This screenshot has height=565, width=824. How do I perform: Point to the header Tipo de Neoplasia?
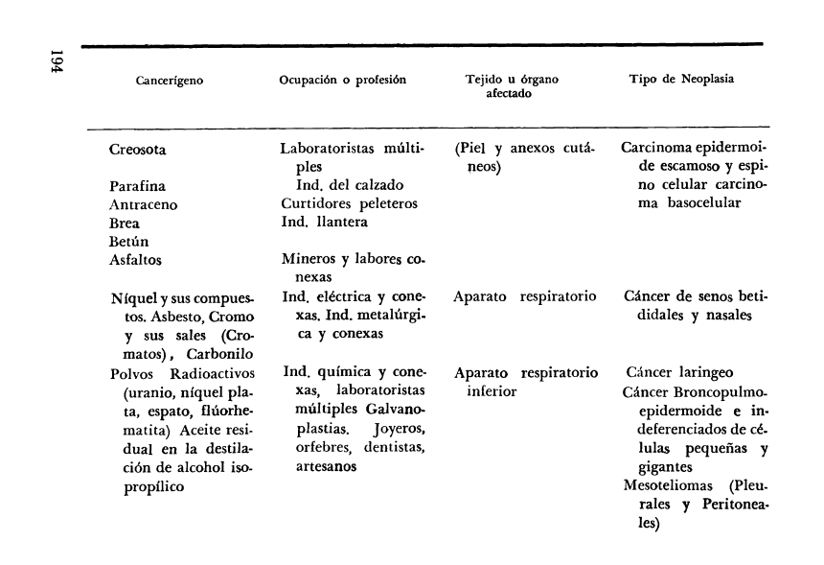click(x=681, y=80)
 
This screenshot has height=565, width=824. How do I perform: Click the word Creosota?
click(x=145, y=151)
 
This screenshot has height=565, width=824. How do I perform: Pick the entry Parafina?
click(x=139, y=186)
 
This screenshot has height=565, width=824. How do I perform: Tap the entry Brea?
click(x=126, y=223)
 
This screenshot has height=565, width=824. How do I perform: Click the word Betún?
click(x=129, y=241)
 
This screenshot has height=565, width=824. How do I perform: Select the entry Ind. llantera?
click(x=326, y=223)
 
